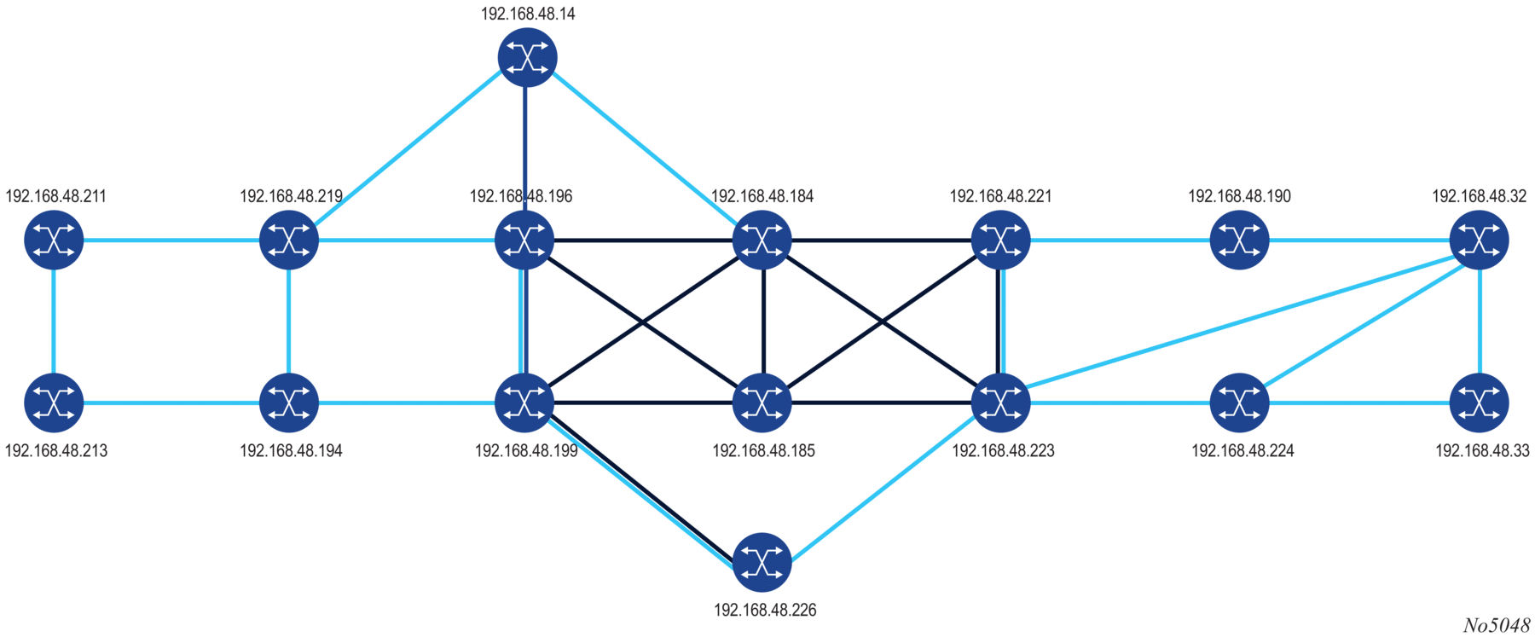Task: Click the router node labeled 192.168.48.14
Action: click(527, 57)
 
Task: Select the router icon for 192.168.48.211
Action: click(54, 240)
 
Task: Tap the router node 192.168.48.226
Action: click(762, 562)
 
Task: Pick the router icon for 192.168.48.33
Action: click(1479, 402)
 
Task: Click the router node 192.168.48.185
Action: click(762, 402)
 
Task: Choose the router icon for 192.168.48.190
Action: click(1239, 240)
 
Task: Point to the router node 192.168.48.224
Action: click(1239, 402)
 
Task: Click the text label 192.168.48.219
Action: click(291, 196)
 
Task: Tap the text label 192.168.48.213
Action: click(56, 450)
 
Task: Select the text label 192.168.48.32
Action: click(1479, 196)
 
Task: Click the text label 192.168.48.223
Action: click(1003, 450)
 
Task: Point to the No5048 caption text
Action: click(1497, 626)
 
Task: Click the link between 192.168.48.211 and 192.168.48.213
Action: click(54, 321)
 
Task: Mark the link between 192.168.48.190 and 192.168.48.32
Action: click(1359, 240)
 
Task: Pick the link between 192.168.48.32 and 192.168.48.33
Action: click(1479, 321)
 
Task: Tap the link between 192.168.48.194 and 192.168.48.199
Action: click(407, 402)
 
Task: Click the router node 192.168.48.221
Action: click(1000, 240)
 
